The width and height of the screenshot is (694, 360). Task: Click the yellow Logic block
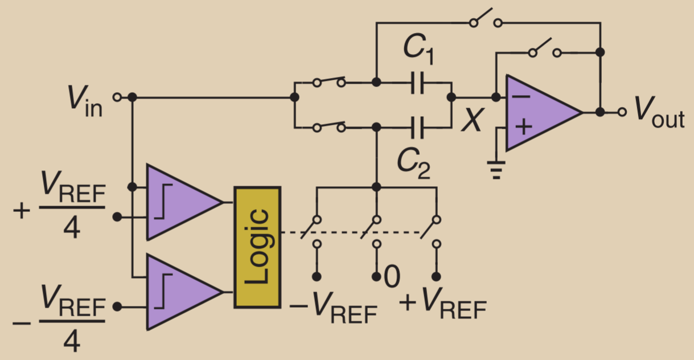click(257, 247)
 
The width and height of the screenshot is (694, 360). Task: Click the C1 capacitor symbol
click(418, 83)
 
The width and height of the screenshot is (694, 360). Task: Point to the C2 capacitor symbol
click(418, 127)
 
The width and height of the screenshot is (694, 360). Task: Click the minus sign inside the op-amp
click(520, 96)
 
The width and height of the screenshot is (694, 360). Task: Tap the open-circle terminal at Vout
click(623, 112)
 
